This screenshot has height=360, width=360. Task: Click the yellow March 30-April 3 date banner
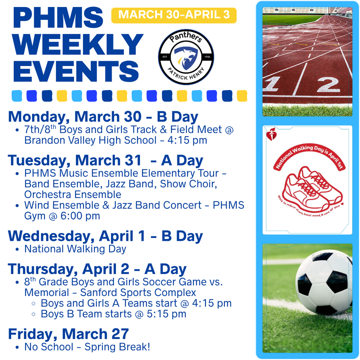[x=174, y=15]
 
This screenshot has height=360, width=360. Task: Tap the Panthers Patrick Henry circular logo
[x=186, y=57]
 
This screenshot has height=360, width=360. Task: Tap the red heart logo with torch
[x=271, y=134]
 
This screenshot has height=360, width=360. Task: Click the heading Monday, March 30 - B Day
[x=103, y=117]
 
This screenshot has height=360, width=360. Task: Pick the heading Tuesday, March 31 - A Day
[x=105, y=160]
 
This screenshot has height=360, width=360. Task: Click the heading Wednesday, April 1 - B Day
[x=105, y=236]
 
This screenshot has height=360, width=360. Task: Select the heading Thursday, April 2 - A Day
[x=97, y=269]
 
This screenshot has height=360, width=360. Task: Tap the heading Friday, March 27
[x=68, y=334]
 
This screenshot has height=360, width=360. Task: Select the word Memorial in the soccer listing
[x=47, y=292]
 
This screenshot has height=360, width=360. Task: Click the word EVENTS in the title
[x=76, y=71]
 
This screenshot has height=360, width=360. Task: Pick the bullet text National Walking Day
[x=75, y=249]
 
